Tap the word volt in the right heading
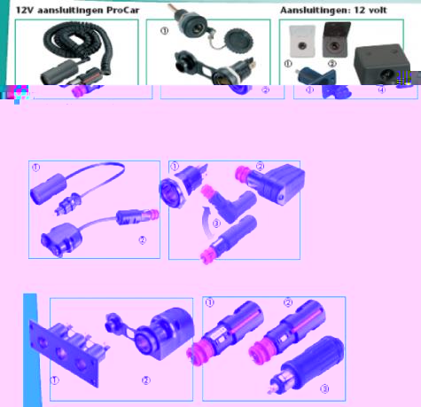pos(376,11)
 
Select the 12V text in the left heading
pos(25,11)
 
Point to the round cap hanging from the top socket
pos(238,39)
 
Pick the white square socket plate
pos(302,41)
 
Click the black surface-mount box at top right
pos(382,64)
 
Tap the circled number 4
pos(382,90)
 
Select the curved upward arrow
pos(207,223)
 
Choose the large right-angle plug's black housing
pos(277,184)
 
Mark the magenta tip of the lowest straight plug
pos(207,256)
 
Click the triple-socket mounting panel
pos(68,352)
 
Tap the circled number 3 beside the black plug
pos(324,388)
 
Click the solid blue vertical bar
pos(32,350)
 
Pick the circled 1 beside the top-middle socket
pos(165,30)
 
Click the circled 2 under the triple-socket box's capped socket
pos(146,380)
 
